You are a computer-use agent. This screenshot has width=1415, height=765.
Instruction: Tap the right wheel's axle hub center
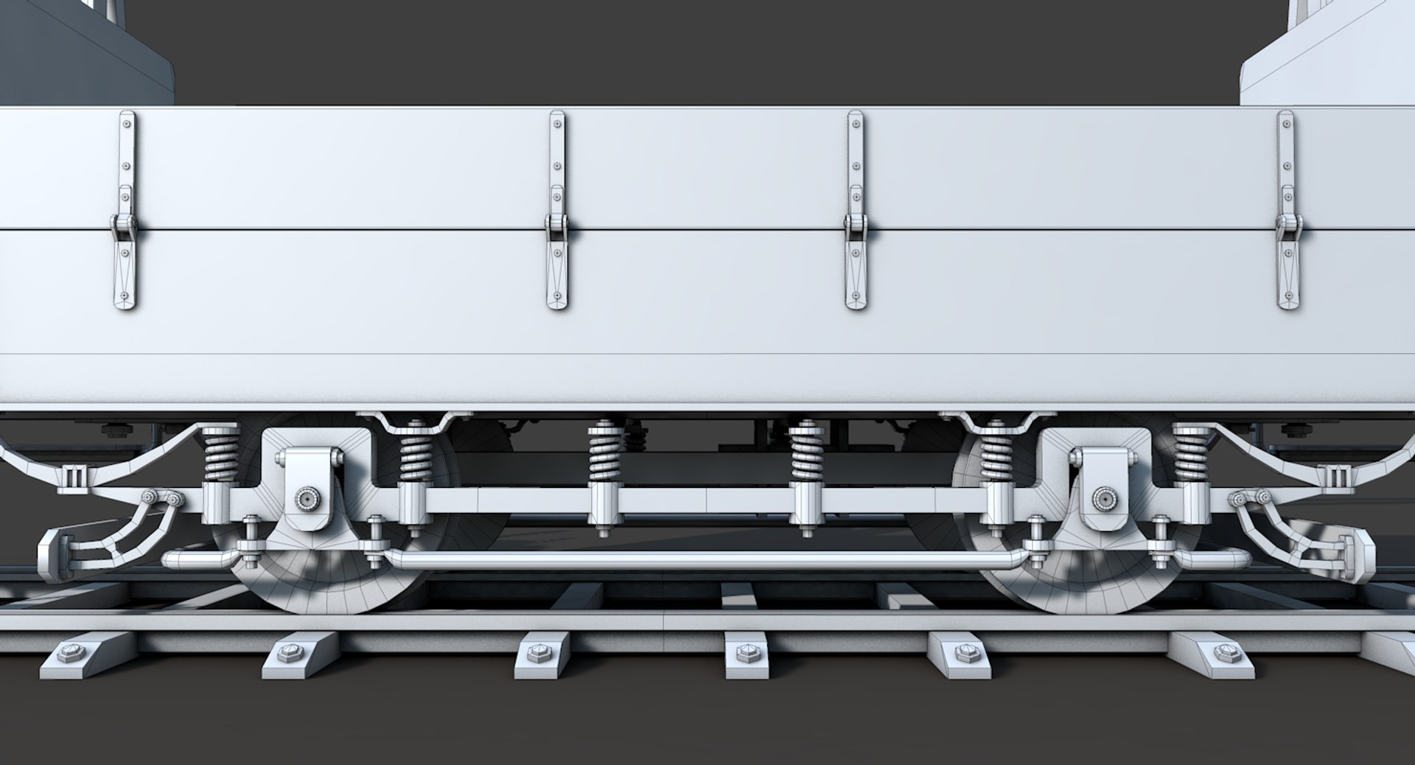pos(1103,499)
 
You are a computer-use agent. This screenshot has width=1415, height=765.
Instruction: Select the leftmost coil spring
pos(220,453)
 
